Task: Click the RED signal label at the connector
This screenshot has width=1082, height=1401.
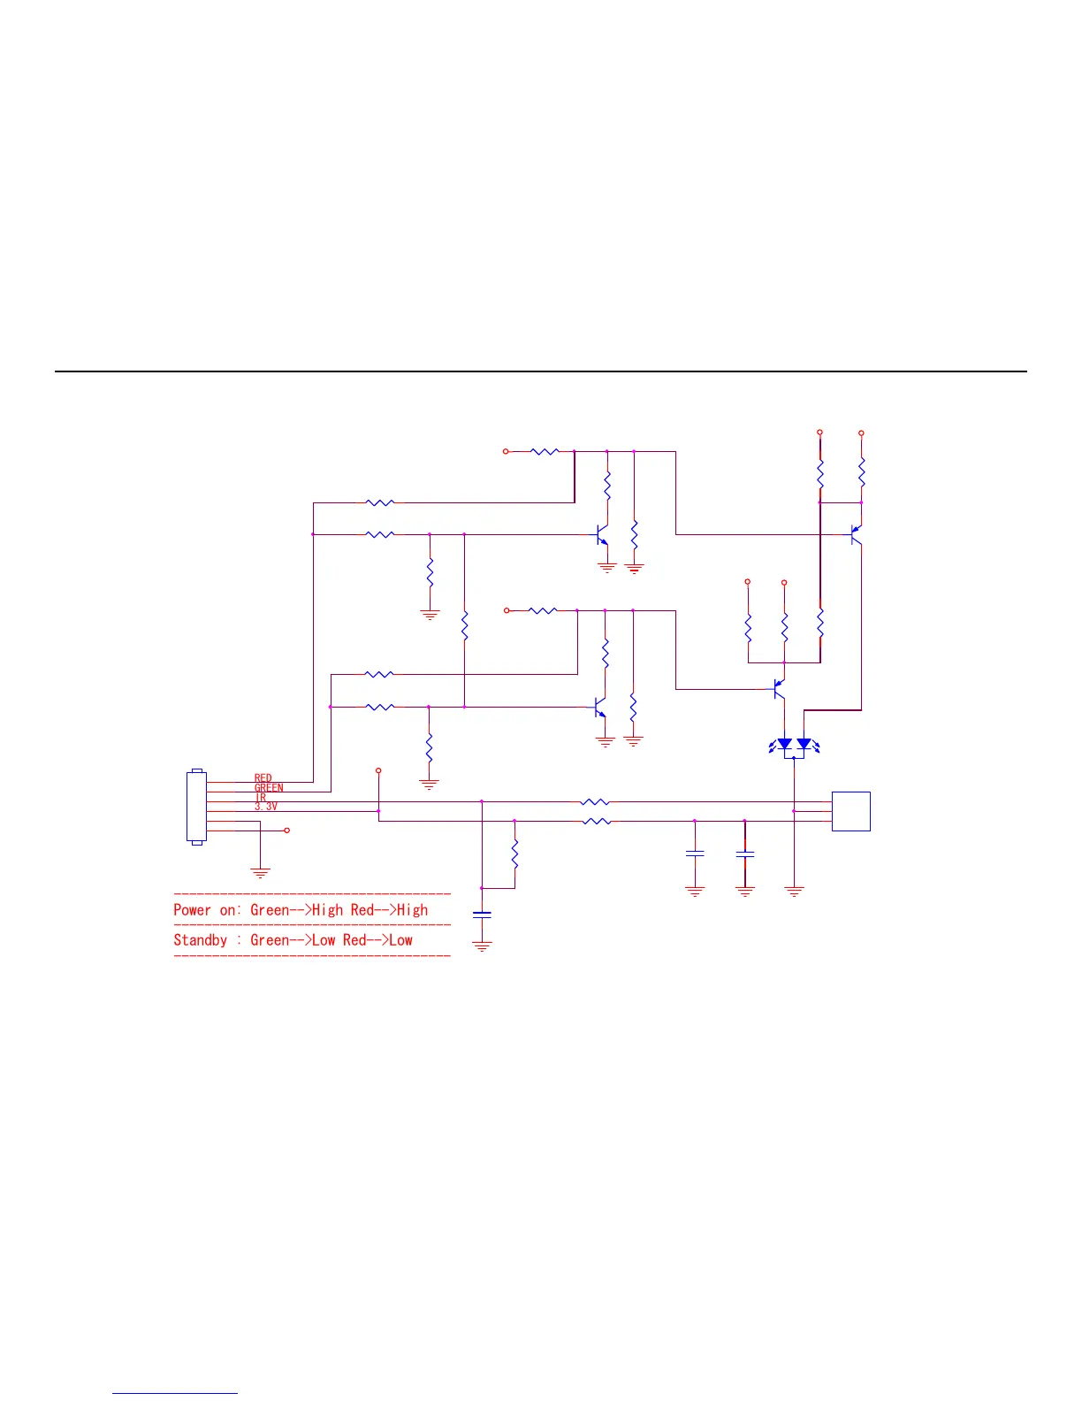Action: [263, 778]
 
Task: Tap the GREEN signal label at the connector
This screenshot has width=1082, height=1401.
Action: [269, 788]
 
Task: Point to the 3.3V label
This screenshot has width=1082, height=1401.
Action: [265, 807]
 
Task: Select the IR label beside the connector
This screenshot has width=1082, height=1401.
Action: [260, 798]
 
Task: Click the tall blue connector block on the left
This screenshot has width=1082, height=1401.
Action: [196, 808]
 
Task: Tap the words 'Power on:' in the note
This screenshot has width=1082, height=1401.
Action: [207, 910]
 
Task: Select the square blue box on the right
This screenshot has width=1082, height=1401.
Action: [850, 811]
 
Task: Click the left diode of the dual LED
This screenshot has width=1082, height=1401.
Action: [784, 745]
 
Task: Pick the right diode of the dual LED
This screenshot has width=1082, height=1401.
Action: [804, 745]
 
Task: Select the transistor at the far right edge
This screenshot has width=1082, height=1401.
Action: [855, 534]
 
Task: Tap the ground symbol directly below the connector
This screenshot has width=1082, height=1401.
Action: [260, 872]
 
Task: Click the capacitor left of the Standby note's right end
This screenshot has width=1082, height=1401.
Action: [482, 915]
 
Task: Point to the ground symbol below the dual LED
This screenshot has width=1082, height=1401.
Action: [794, 892]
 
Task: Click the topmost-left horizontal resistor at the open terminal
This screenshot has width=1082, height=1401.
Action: [545, 451]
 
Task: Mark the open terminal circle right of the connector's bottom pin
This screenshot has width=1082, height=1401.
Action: [286, 831]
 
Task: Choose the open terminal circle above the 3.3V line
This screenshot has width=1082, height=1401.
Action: [378, 771]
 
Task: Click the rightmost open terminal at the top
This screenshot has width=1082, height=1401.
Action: [861, 433]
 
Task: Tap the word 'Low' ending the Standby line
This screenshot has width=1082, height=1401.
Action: [400, 940]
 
